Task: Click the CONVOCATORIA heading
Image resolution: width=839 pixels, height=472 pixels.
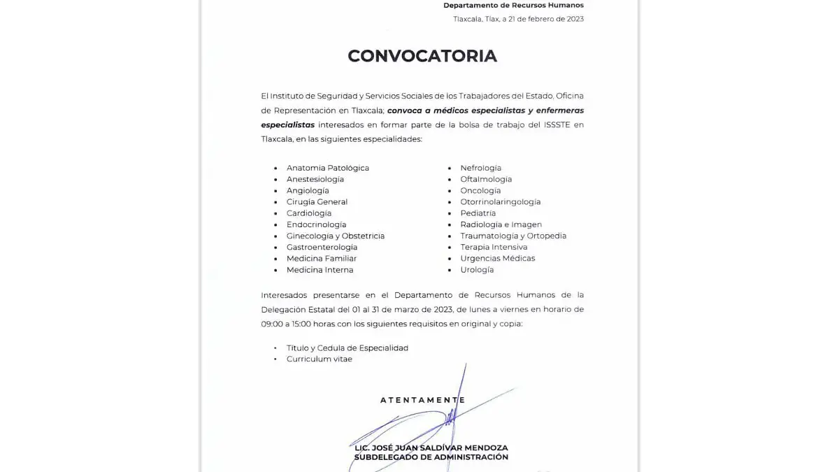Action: [422, 56]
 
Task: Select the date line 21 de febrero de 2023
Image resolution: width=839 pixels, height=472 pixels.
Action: [518, 19]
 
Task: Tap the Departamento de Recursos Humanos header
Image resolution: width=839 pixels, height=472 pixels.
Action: [513, 6]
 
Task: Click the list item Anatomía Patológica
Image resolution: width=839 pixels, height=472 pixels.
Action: [327, 168]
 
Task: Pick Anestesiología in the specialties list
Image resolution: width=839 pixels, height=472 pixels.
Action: [315, 179]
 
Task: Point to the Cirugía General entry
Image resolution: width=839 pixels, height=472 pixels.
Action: [317, 202]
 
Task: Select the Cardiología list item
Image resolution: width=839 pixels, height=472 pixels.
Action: [308, 213]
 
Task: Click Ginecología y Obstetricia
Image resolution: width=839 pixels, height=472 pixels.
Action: [335, 236]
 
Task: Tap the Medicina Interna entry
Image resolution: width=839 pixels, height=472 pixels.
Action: [320, 270]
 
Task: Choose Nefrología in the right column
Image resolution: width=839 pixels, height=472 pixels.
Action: [480, 168]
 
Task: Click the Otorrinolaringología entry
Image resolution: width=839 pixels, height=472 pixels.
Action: [500, 202]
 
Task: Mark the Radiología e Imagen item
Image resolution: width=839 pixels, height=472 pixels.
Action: [501, 224]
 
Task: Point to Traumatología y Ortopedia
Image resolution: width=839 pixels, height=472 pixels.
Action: [513, 236]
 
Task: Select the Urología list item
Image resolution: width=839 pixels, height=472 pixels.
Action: [477, 270]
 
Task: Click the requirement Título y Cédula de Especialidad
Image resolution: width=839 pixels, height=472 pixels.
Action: [347, 348]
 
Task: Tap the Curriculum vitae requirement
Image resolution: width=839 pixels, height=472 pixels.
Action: [319, 359]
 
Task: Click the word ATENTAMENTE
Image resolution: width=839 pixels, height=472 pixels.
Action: [422, 400]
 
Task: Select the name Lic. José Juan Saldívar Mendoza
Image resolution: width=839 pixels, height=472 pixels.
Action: [431, 448]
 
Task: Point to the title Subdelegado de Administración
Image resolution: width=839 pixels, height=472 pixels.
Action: [431, 457]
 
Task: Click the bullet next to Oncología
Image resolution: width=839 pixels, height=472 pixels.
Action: [450, 191]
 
